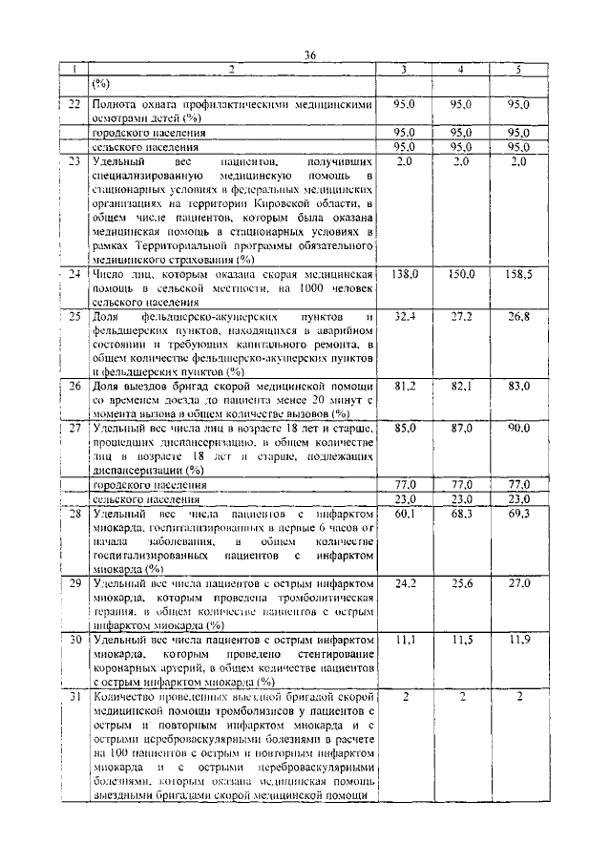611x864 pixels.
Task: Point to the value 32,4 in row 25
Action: (405, 315)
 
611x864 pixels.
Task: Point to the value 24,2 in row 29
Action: (405, 581)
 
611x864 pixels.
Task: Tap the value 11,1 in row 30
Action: (405, 638)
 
